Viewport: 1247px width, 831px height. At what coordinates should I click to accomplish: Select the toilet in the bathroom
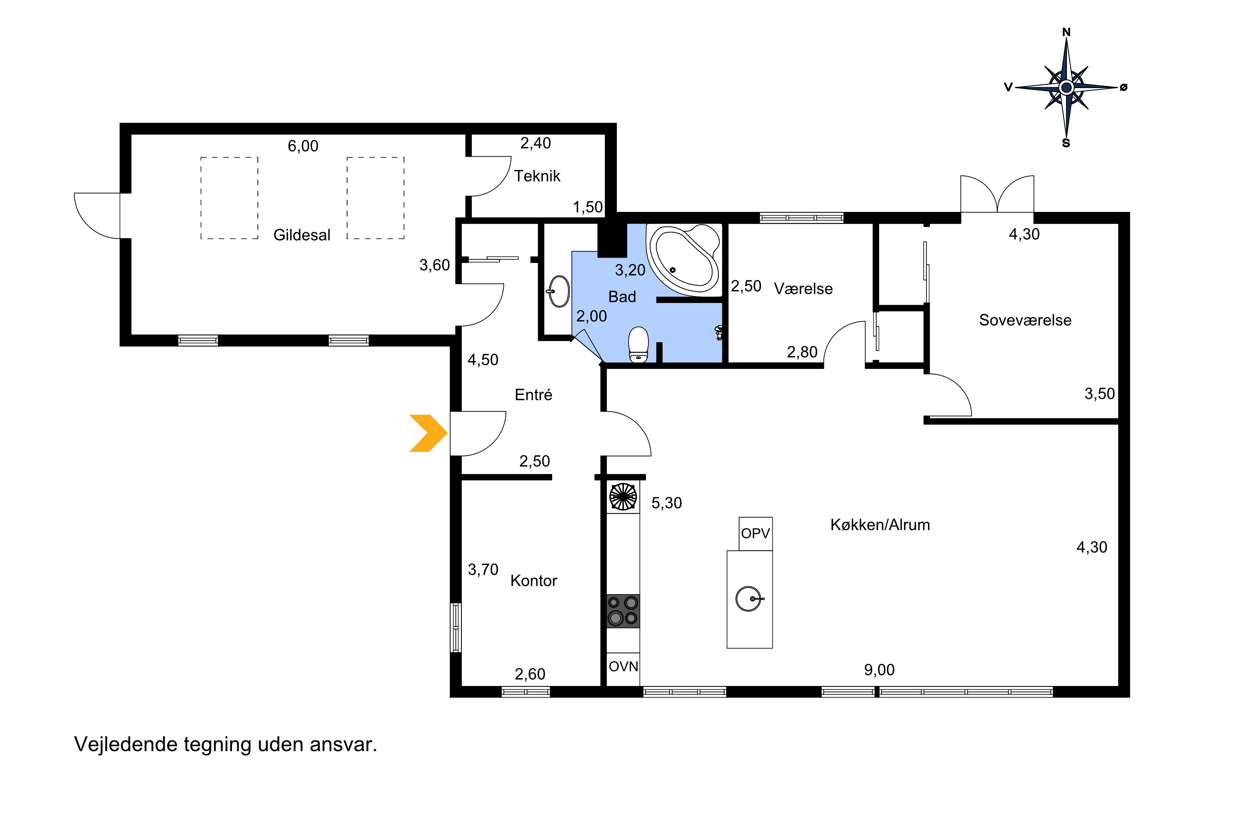[638, 344]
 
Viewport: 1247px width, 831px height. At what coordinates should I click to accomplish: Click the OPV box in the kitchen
[756, 534]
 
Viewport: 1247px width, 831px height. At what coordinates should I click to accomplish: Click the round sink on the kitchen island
[749, 599]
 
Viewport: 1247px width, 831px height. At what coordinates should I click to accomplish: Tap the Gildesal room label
[302, 235]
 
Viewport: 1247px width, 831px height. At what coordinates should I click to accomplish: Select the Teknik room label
[537, 176]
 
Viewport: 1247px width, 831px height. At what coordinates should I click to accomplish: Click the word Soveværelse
[1025, 320]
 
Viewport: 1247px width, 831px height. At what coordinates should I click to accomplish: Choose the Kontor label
[533, 581]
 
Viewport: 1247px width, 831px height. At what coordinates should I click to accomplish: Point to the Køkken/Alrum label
[880, 525]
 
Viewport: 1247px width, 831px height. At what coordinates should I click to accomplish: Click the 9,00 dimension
[880, 670]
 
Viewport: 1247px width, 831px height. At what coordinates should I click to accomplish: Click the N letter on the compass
[1066, 32]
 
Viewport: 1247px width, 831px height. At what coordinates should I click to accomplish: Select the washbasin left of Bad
[559, 291]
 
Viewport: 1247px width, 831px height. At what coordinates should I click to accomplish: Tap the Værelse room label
[803, 289]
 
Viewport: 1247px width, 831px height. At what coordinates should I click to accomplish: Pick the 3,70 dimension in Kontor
[483, 570]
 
